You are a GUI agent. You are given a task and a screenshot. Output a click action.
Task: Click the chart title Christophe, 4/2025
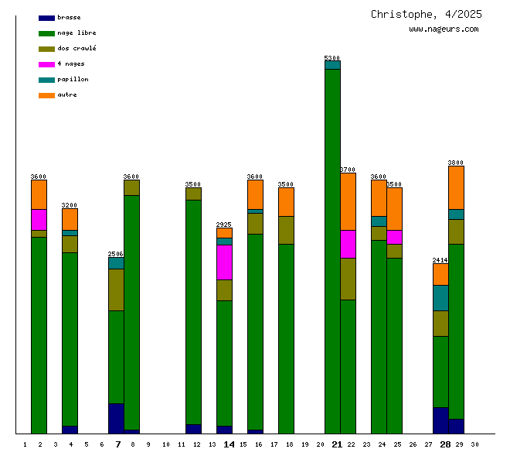pos(426,14)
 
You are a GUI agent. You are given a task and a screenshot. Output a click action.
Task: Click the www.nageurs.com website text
pos(444,29)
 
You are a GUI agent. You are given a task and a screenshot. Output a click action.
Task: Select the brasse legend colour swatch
pos(46,18)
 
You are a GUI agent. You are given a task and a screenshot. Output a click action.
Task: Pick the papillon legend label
pos(73,80)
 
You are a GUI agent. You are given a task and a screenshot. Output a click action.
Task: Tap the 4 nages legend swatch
pos(46,64)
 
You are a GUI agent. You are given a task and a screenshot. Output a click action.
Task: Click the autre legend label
pos(67,95)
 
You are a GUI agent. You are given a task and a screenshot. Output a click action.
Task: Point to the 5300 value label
pos(332,58)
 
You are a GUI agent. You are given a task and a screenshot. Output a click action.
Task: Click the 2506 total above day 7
pos(116,254)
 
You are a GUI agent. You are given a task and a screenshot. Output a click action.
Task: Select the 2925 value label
pos(224,224)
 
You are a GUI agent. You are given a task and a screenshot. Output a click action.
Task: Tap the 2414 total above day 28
pos(440,260)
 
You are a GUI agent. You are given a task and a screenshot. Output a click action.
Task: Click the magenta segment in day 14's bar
pos(224,262)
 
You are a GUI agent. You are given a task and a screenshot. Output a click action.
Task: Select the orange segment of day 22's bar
pos(348,201)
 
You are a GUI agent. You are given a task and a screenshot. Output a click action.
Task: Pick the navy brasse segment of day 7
pos(116,418)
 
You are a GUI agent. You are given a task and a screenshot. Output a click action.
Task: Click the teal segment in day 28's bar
pos(440,297)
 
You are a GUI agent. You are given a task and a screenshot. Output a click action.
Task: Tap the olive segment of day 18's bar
pos(286,230)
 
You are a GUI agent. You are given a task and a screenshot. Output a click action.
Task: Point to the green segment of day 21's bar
pos(332,248)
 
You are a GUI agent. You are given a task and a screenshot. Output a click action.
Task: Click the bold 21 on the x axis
pos(337,444)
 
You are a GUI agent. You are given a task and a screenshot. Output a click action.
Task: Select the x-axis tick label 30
pos(474,444)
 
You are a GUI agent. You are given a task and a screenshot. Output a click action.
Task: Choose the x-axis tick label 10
pos(165,444)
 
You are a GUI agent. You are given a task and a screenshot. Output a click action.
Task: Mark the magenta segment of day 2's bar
pos(39,219)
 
